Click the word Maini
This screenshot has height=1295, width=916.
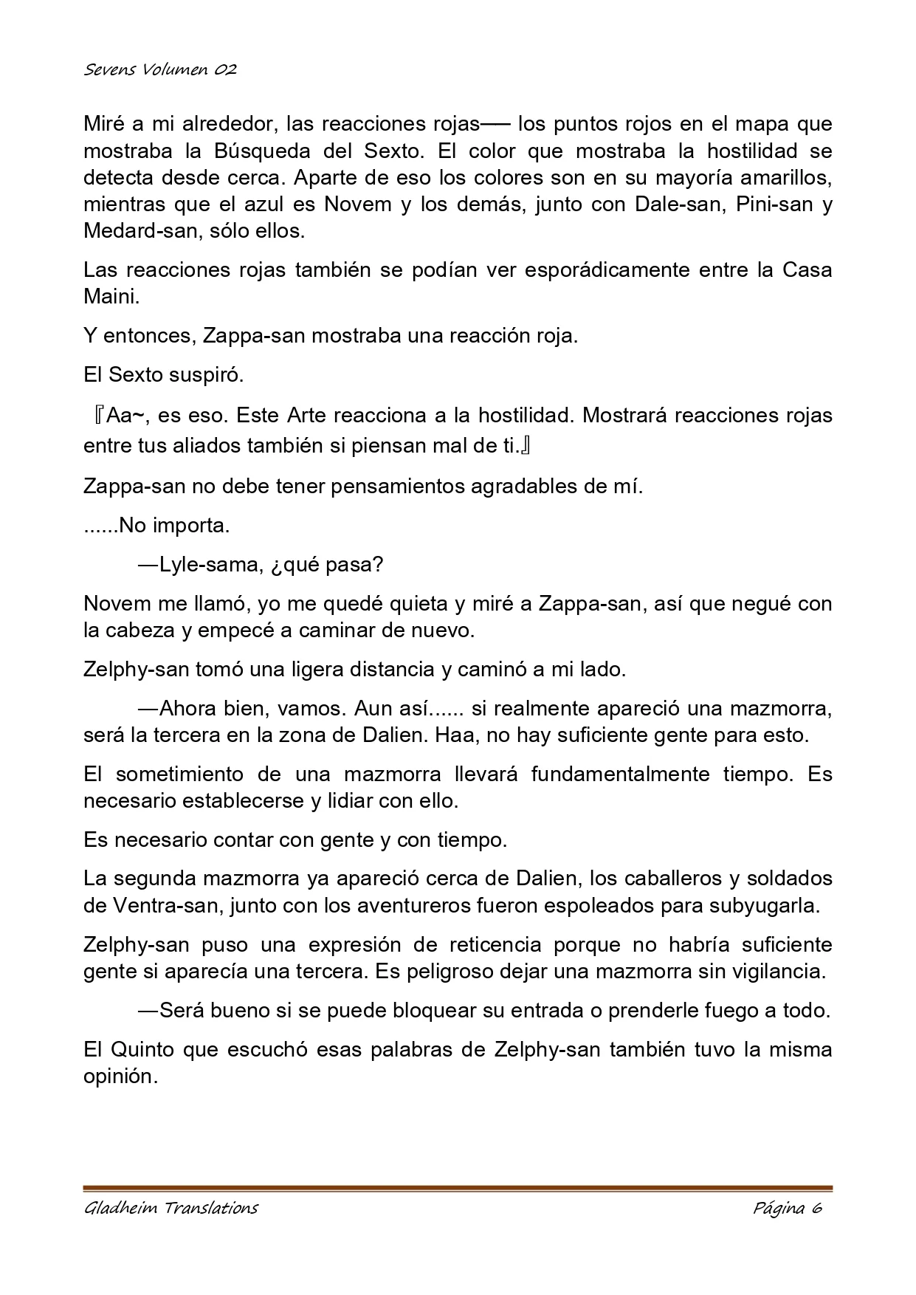point(111,296)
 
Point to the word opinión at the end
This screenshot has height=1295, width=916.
point(120,1076)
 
